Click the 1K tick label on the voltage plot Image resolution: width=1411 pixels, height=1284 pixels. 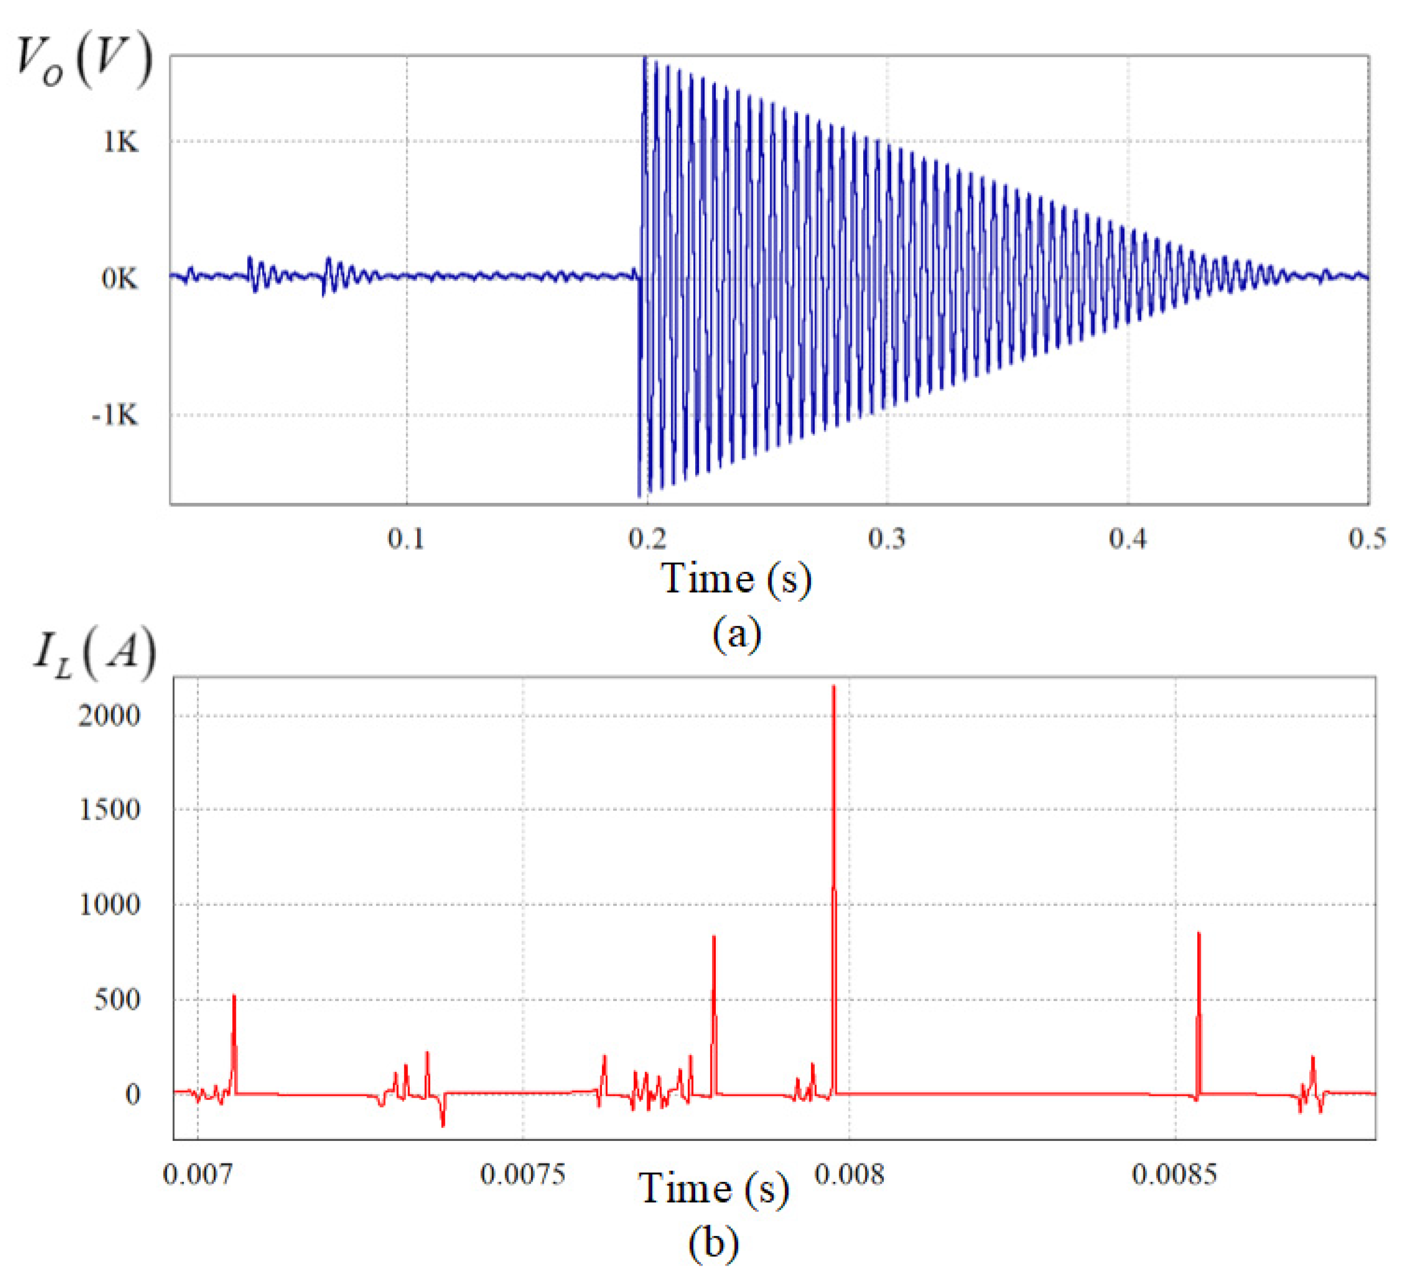pos(121,142)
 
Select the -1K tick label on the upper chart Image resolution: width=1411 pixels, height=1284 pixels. pos(115,416)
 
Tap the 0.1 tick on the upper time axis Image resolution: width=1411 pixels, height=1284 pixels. pos(406,538)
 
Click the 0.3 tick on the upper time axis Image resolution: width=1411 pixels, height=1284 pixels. pos(887,538)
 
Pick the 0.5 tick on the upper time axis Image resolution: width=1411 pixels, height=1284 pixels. pos(1367,538)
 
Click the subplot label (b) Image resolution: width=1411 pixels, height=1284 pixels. pos(713,1243)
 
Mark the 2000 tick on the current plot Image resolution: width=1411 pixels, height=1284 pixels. pos(109,716)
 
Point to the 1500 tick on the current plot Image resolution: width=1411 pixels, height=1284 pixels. pos(109,810)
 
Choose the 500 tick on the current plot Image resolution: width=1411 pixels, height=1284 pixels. pos(117,1000)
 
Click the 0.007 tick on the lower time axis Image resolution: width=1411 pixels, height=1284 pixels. pos(198,1174)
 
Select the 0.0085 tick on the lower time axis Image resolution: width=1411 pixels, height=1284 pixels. pos(1175,1174)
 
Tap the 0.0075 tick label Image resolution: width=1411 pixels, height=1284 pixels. pos(523,1174)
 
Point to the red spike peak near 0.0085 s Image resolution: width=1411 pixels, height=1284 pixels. pos(1199,934)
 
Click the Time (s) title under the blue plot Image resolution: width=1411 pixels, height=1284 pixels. pos(736,580)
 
